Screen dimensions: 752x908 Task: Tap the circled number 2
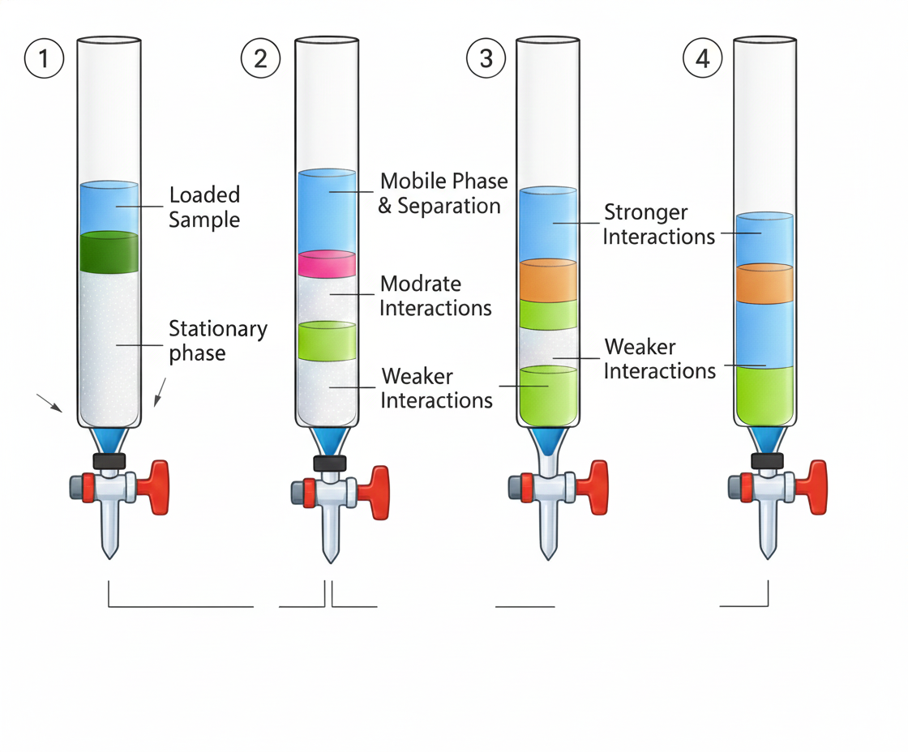pyautogui.click(x=260, y=58)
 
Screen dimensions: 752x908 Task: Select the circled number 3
pyautogui.click(x=486, y=58)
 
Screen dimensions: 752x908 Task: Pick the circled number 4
pyautogui.click(x=703, y=58)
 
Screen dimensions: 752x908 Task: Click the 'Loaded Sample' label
pyautogui.click(x=204, y=207)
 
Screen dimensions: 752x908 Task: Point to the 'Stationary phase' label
pyautogui.click(x=217, y=340)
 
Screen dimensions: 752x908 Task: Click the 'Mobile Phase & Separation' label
pyautogui.click(x=443, y=193)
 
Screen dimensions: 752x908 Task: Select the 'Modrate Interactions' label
pyautogui.click(x=435, y=296)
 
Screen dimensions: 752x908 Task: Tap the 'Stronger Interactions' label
pyautogui.click(x=658, y=224)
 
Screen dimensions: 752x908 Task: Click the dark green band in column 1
pyautogui.click(x=109, y=253)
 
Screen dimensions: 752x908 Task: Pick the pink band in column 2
pyautogui.click(x=327, y=264)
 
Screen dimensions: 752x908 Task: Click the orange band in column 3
pyautogui.click(x=548, y=280)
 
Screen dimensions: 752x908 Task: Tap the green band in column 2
pyautogui.click(x=327, y=340)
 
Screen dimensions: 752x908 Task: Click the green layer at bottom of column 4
pyautogui.click(x=764, y=395)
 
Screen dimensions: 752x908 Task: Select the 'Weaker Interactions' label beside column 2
pyautogui.click(x=437, y=388)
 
